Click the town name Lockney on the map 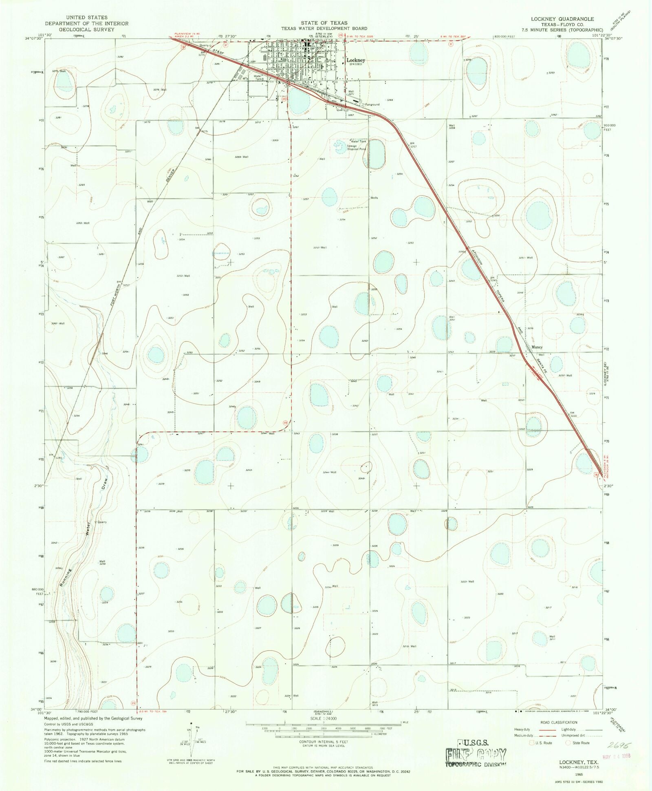tap(355, 60)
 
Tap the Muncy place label tap(537, 347)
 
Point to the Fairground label tap(372, 104)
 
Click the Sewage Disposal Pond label tap(356, 147)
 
